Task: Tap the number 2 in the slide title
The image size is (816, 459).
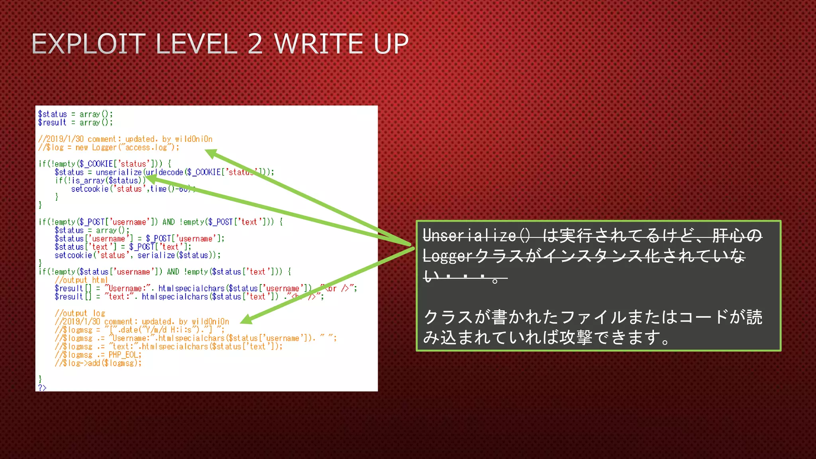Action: pyautogui.click(x=255, y=44)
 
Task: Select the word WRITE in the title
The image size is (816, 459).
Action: pyautogui.click(x=319, y=44)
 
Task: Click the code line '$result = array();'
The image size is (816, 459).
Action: pyautogui.click(x=75, y=123)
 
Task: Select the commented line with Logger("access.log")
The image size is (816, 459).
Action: pyautogui.click(x=109, y=147)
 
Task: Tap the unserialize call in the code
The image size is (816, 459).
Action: pyautogui.click(x=119, y=172)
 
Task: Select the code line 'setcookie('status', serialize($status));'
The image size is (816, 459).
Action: pyautogui.click(x=137, y=255)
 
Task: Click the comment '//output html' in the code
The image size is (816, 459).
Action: pyautogui.click(x=81, y=280)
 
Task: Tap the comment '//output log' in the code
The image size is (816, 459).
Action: pyautogui.click(x=80, y=313)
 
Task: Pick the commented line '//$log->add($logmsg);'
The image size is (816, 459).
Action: pyautogui.click(x=98, y=363)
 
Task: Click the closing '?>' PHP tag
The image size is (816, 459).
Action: pyautogui.click(x=42, y=388)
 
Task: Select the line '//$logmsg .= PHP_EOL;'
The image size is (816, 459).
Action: pyautogui.click(x=98, y=355)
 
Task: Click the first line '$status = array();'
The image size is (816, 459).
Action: pyautogui.click(x=75, y=114)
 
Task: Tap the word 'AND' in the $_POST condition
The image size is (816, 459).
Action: pyautogui.click(x=169, y=222)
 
